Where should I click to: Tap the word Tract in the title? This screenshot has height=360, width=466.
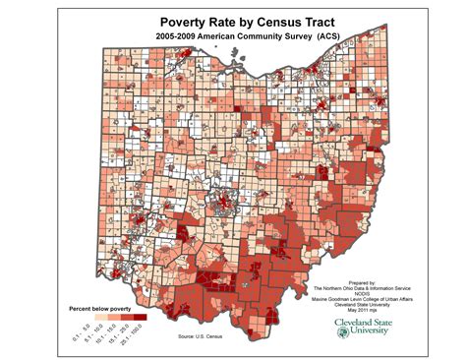[314, 20]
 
